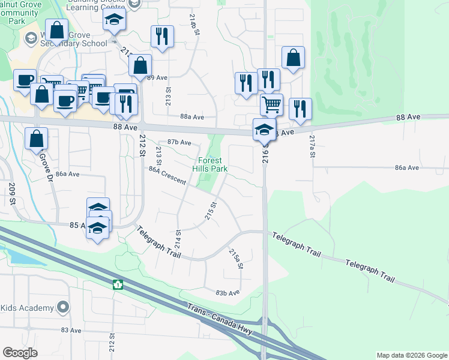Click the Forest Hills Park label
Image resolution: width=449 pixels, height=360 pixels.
point(210,165)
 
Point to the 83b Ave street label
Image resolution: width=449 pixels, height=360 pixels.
point(228,292)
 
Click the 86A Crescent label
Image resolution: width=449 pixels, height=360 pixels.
point(167,176)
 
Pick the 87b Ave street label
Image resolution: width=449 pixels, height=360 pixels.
point(179,142)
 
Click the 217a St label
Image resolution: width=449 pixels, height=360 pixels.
point(312,146)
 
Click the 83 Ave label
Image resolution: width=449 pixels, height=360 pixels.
point(71,331)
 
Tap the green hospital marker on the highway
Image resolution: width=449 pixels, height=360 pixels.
point(118,284)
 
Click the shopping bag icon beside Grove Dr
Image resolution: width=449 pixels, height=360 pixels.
point(37,139)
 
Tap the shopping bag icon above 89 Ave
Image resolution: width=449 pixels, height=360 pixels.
point(140,65)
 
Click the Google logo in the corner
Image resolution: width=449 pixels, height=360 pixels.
point(20,353)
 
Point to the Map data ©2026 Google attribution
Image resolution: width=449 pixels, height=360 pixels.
point(411,355)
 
